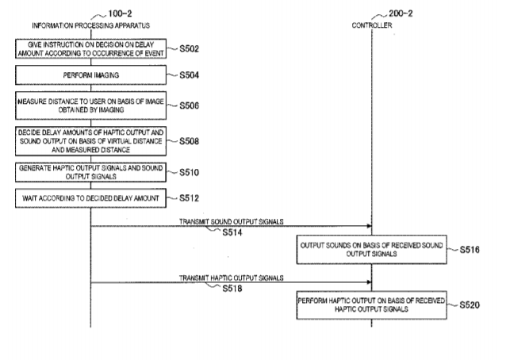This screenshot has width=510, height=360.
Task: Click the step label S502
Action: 189,49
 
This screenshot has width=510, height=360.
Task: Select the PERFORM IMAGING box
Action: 90,75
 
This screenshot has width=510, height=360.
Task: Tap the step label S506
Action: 189,105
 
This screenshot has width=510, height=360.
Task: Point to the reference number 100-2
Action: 120,13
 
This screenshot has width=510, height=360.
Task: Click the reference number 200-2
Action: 401,13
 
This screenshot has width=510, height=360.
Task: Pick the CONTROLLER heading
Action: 372,25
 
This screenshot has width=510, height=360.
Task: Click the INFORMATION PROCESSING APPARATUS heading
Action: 90,25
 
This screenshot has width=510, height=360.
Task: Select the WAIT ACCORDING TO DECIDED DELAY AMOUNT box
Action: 90,198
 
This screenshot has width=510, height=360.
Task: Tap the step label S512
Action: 189,198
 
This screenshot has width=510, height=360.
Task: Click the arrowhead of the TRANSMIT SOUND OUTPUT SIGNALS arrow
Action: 370,226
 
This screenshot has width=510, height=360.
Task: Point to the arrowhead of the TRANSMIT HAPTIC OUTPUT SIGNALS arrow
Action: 370,282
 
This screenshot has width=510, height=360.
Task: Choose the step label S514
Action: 232,232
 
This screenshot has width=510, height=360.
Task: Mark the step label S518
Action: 232,289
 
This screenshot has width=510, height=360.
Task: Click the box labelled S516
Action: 371,250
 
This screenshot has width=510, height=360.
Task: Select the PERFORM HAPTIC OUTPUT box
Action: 371,305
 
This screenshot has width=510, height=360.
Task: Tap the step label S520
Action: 470,305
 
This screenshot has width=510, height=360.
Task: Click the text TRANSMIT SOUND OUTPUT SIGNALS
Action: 232,222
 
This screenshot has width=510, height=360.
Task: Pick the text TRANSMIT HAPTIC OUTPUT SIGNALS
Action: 232,278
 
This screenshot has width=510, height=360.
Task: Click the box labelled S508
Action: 90,141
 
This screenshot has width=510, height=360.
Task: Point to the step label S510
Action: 189,172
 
